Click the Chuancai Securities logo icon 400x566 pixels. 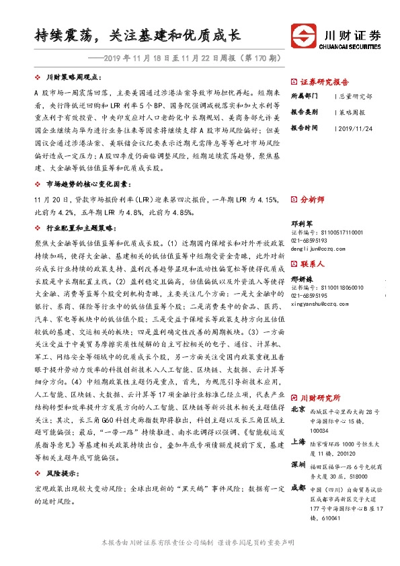click(301, 36)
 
